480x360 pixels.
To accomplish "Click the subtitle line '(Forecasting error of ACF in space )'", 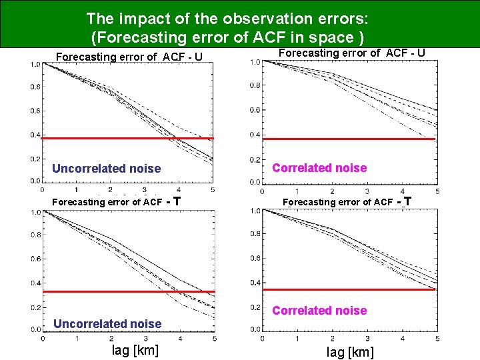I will pyautogui.click(x=227, y=37).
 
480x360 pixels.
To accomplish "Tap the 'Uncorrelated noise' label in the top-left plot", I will pyautogui.click(x=107, y=169).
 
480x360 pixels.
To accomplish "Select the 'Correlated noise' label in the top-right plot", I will pyautogui.click(x=319, y=168).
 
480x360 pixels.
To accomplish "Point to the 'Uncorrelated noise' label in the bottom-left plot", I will pyautogui.click(x=107, y=324).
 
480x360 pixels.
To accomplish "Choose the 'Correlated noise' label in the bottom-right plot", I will pyautogui.click(x=319, y=311).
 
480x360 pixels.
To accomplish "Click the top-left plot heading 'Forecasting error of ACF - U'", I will pyautogui.click(x=129, y=57).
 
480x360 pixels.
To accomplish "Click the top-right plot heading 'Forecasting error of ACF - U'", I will pyautogui.click(x=351, y=53).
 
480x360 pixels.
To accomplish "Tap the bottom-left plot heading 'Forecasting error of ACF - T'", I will pyautogui.click(x=117, y=201).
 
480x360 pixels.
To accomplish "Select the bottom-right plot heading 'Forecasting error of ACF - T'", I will pyautogui.click(x=347, y=201).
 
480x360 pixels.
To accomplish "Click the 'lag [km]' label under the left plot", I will pyautogui.click(x=135, y=350).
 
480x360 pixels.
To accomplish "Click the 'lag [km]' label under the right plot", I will pyautogui.click(x=350, y=352).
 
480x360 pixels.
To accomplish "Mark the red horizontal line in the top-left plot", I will pyautogui.click(x=127, y=138).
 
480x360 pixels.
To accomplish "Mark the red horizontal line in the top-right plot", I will pyautogui.click(x=349, y=139).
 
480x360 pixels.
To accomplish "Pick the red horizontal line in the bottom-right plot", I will pyautogui.click(x=349, y=289).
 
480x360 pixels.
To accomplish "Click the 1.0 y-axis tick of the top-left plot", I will pyautogui.click(x=35, y=65).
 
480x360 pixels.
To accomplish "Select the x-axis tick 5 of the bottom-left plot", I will pyautogui.click(x=213, y=339).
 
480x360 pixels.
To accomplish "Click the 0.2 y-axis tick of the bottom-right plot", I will pyautogui.click(x=255, y=307).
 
